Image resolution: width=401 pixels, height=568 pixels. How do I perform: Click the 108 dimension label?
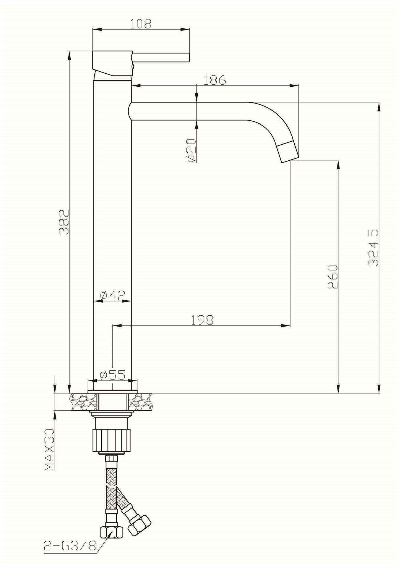[141, 24]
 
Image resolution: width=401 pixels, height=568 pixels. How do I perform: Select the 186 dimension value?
[215, 80]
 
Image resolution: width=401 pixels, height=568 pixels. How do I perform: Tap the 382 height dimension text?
[64, 222]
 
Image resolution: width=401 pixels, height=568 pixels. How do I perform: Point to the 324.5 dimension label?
[374, 247]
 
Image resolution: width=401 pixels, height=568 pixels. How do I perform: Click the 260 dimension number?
[333, 277]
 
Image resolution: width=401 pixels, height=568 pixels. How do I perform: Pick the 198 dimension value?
[202, 320]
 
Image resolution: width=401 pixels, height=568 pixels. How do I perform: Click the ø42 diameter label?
[113, 295]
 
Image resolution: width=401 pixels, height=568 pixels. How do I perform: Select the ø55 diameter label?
[113, 375]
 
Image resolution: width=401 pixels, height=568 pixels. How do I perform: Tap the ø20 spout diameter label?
[191, 150]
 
